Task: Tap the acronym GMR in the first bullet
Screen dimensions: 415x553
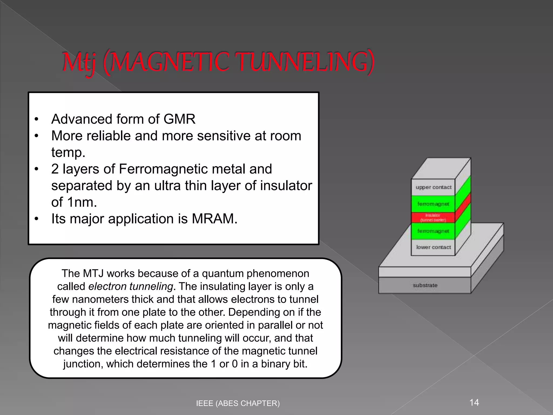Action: [x=179, y=119]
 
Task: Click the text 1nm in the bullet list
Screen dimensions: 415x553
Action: [x=82, y=202]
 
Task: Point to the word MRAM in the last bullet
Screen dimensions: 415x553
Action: [x=214, y=219]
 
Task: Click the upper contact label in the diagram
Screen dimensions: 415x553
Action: [x=433, y=187]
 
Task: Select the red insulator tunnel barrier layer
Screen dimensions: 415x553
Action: [x=433, y=218]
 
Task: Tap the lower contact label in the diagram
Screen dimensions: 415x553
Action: [x=433, y=247]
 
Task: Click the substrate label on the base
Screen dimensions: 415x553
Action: [x=425, y=285]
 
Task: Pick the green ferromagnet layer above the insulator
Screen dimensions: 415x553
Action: [x=433, y=204]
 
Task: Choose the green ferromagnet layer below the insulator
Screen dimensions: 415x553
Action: [x=433, y=231]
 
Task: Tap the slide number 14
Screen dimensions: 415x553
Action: [x=474, y=403]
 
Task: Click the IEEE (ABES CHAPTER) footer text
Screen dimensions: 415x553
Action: [x=238, y=403]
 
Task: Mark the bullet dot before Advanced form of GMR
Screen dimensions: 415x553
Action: [x=37, y=119]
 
